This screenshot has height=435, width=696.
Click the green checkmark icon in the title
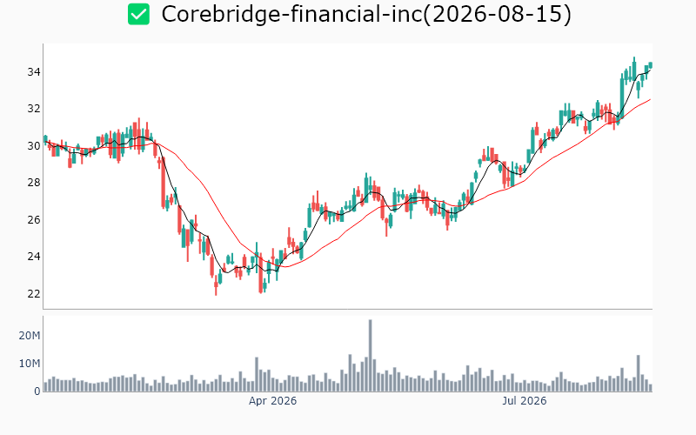(138, 14)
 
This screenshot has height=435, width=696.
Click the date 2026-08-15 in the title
(496, 14)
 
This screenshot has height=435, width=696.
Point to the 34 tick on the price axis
(34, 72)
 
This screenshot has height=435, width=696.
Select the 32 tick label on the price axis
(34, 109)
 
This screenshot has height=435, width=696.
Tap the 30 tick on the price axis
(34, 145)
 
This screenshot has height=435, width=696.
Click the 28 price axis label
(34, 183)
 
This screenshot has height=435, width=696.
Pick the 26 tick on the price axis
(34, 220)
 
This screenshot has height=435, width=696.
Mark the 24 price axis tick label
(34, 257)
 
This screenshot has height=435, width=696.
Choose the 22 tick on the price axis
(34, 294)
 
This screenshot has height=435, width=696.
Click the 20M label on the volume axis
(30, 336)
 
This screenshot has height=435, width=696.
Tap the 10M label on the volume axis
(30, 364)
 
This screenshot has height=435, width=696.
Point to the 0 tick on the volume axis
(37, 391)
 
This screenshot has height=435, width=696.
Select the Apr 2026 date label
(272, 401)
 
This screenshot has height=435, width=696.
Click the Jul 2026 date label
(525, 401)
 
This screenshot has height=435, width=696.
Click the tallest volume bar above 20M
(371, 355)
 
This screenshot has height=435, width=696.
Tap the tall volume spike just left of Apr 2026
(257, 374)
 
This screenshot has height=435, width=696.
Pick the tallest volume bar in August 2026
(639, 373)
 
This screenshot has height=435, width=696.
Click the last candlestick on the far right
(651, 65)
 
